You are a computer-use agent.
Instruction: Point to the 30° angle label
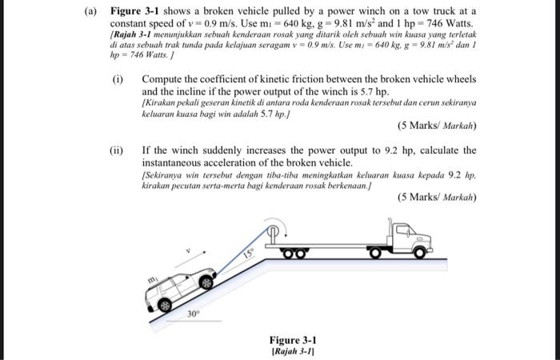click(193, 314)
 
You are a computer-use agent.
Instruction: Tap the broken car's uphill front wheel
click(207, 282)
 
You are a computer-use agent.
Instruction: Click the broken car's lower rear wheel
click(165, 306)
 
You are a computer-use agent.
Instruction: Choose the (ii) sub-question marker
click(118, 150)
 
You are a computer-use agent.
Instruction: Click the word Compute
click(162, 80)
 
